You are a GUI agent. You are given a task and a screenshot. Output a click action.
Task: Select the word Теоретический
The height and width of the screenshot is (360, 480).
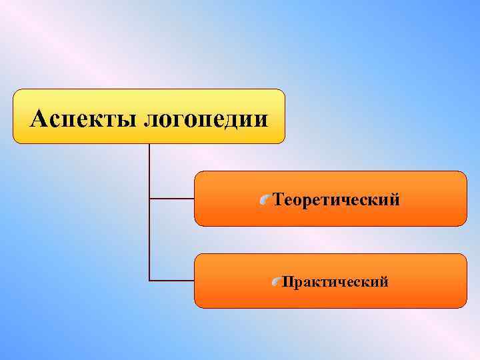[x=337, y=199]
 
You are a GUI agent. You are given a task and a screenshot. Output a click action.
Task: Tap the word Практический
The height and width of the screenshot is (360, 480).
[x=335, y=282]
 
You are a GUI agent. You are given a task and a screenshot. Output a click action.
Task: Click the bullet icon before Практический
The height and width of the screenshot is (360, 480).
[x=277, y=283]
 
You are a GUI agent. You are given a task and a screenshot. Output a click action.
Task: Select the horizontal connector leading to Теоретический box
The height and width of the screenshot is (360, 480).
[x=171, y=199]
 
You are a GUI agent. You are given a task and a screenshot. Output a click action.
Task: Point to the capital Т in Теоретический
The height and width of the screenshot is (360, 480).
[x=278, y=199]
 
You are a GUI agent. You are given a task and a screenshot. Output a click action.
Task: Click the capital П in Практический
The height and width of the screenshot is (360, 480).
[x=287, y=282]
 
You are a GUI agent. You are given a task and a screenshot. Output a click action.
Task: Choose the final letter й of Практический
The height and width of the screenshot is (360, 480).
[x=384, y=282]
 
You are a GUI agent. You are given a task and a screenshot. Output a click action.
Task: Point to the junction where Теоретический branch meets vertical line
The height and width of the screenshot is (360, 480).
[x=149, y=199]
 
